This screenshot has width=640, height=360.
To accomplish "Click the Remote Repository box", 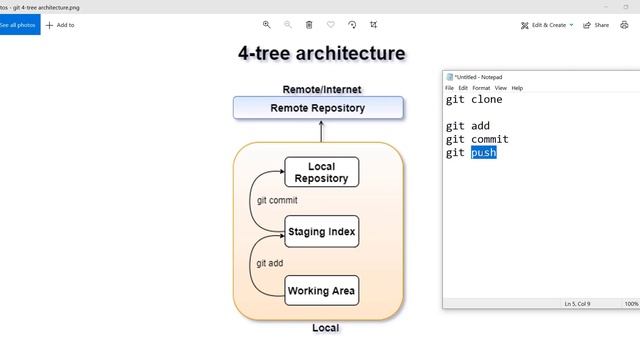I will point(318,108).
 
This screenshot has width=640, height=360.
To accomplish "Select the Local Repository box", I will point(321,172).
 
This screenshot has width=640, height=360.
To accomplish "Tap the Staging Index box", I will point(321,232).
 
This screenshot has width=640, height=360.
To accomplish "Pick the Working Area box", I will point(321,291).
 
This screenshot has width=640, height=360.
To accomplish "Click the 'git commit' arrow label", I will point(277,200).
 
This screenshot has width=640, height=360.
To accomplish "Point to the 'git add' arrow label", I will point(269,262).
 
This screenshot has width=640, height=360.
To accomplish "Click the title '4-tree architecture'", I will point(321,53).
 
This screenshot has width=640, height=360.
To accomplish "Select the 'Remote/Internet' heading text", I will point(321,89).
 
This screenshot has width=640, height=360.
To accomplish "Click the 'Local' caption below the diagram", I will point(325,328).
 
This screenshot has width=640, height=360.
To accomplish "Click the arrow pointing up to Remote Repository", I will point(321,130).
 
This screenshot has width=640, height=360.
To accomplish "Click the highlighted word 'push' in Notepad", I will point(484,153).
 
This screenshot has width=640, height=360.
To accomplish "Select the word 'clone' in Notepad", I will point(487,99).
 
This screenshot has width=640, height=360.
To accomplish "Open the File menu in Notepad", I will point(450,88).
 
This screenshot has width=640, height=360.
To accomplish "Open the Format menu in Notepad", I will point(481,88).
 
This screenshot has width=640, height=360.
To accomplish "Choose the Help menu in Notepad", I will point(517,88).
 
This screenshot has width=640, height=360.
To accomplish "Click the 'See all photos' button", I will point(19,24).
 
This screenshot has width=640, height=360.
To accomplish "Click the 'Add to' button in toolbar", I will point(60,24).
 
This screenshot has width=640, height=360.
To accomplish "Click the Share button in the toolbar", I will point(596,24).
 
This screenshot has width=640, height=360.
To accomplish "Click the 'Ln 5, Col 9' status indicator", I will point(577,303).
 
